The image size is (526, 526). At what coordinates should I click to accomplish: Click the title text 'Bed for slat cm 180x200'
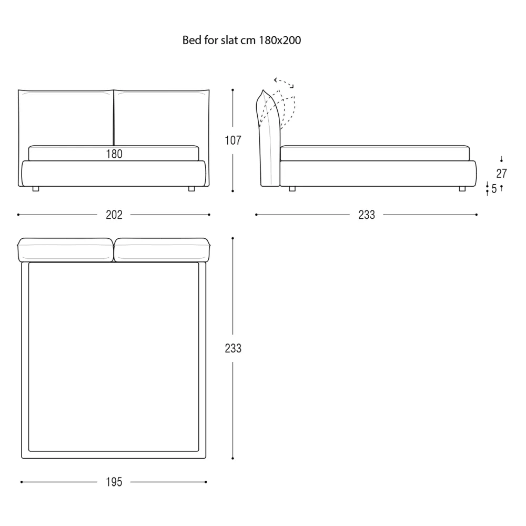[241, 41]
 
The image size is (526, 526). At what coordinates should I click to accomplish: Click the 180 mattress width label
[114, 154]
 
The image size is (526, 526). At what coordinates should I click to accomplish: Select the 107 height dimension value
[233, 140]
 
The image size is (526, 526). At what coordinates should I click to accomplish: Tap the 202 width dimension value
[114, 215]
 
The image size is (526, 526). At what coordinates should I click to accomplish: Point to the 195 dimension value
[114, 482]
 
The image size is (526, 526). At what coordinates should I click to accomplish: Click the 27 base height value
[501, 174]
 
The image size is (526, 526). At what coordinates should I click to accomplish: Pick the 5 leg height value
[494, 189]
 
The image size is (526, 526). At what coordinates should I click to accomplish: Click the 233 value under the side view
[367, 215]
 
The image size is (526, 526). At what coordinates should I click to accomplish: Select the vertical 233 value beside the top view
[233, 348]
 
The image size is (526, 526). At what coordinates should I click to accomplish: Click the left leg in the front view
[36, 189]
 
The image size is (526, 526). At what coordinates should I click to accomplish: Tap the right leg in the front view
[191, 189]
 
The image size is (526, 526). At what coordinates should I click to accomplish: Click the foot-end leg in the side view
[462, 189]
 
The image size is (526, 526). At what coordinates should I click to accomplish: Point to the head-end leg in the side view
[292, 189]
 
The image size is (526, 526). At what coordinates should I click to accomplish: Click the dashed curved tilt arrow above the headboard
[284, 82]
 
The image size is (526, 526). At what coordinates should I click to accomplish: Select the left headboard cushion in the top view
[65, 250]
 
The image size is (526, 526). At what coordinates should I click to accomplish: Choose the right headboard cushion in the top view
[162, 250]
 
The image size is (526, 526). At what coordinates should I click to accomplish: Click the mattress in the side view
[375, 153]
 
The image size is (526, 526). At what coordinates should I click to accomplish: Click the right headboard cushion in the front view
[161, 117]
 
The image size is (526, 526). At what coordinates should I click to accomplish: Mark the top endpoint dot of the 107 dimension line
[233, 90]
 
